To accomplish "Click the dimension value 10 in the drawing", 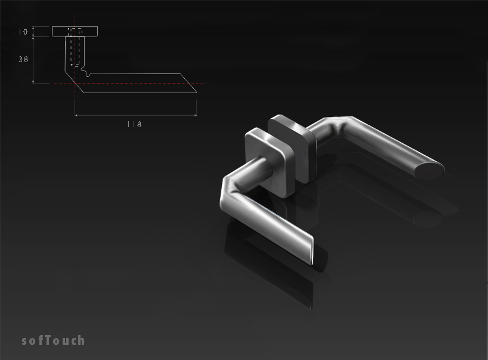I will [x=24, y=32].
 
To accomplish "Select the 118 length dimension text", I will [x=134, y=124].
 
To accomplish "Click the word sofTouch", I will [x=53, y=341].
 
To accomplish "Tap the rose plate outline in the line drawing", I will [x=75, y=31].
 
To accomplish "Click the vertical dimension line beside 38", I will [x=34, y=60].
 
